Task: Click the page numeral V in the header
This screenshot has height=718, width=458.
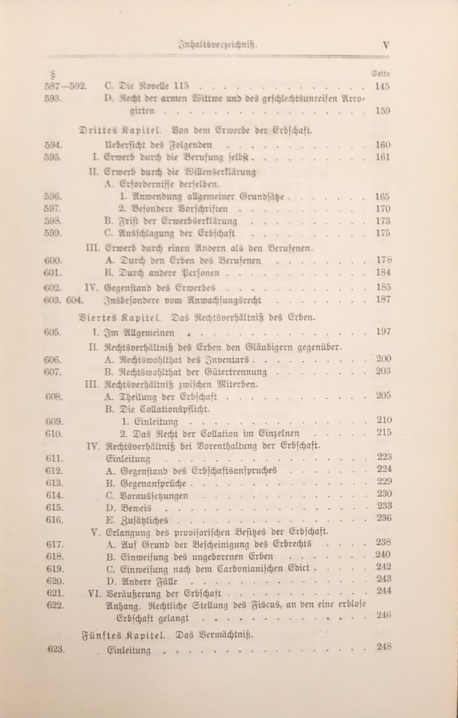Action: [386, 45]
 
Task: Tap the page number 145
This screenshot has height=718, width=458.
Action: [382, 86]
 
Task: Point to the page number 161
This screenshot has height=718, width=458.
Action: [383, 157]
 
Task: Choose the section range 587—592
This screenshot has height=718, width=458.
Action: [66, 86]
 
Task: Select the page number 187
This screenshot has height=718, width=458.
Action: [383, 299]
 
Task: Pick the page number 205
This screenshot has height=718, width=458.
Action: [383, 395]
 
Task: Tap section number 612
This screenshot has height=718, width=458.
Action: [54, 471]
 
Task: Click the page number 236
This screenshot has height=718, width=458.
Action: [384, 518]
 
